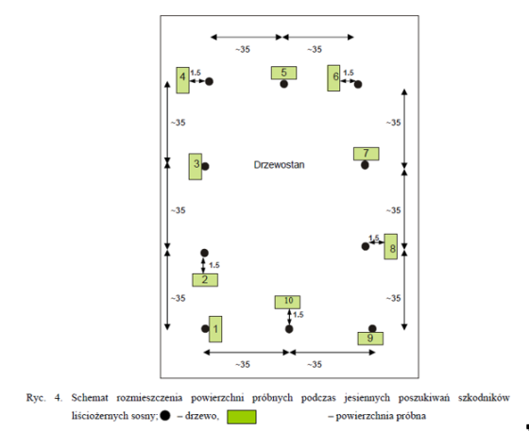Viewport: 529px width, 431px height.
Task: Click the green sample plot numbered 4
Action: pos(182,80)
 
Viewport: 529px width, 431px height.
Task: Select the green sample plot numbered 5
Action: pos(283,73)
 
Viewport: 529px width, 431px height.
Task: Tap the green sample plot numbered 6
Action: pos(333,78)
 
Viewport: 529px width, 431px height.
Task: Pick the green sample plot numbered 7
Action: pos(367,154)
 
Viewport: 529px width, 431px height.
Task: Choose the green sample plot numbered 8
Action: pos(391,246)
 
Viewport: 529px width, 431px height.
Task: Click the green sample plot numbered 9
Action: pos(370,339)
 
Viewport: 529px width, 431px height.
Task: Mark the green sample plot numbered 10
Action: pos(287,302)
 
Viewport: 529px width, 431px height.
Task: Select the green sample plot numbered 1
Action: pos(215,329)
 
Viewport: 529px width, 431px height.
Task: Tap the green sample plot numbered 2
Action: pos(205,280)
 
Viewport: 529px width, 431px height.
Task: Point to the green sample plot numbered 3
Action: pos(196,167)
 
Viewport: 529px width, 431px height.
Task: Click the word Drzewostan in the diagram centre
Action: pos(279,165)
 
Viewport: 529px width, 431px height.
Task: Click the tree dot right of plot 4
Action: pos(209,81)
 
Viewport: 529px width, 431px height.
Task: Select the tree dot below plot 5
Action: pos(284,84)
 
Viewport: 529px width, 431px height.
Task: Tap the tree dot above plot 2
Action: pos(204,253)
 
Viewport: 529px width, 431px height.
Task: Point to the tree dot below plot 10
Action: pos(289,329)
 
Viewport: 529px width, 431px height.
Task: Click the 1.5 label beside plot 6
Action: pos(349,73)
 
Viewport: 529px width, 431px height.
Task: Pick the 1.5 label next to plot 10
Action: pos(299,315)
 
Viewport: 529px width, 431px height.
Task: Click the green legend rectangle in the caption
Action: pos(242,417)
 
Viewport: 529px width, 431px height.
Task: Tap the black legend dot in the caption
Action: pos(165,416)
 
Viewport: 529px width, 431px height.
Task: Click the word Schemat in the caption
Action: pos(90,398)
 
